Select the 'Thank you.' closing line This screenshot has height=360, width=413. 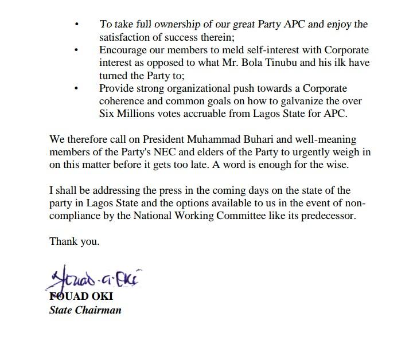click(x=75, y=241)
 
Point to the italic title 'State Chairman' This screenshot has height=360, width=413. click(x=85, y=311)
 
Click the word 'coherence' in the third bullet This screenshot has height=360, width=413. click(x=123, y=101)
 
